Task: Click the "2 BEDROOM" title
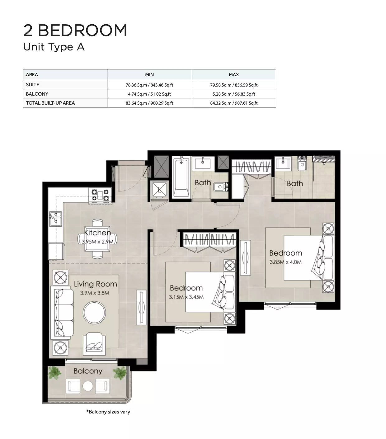(x=75, y=30)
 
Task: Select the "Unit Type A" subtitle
(x=54, y=47)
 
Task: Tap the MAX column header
(x=234, y=74)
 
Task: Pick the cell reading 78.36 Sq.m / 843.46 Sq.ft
(x=149, y=85)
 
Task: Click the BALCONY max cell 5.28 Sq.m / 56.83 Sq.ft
(x=234, y=94)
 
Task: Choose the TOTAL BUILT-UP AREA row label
(x=50, y=103)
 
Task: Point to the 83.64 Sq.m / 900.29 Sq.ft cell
(x=149, y=103)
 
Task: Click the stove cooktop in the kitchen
(x=100, y=195)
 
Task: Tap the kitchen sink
(x=56, y=219)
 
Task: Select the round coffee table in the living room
(x=94, y=313)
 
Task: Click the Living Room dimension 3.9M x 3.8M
(x=95, y=293)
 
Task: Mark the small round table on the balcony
(x=88, y=386)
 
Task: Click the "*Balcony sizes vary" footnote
(x=108, y=412)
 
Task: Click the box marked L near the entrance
(x=160, y=190)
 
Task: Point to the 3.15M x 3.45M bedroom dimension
(x=186, y=297)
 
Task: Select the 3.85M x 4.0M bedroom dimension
(x=285, y=262)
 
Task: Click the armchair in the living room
(x=94, y=344)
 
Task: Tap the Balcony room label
(x=88, y=371)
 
